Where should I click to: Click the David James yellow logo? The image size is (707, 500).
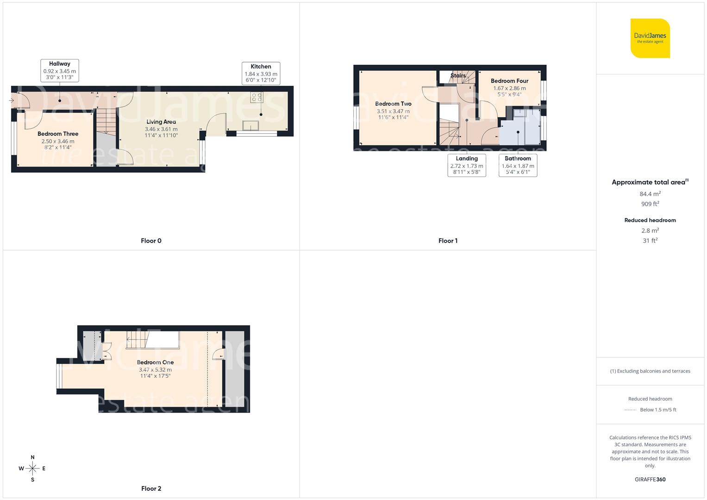[650, 38]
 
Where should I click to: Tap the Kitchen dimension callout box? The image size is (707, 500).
[261, 73]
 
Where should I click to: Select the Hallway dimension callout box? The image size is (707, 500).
[60, 71]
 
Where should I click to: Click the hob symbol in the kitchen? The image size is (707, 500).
[256, 97]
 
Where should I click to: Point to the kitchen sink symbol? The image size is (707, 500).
[250, 125]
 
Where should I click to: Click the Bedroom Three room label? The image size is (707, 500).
[58, 134]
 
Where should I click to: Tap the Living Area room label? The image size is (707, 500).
[161, 122]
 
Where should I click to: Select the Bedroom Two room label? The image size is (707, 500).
[393, 104]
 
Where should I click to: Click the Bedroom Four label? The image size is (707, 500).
[509, 81]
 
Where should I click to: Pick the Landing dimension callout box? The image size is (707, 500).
[467, 165]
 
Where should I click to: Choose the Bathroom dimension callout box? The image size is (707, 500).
[518, 165]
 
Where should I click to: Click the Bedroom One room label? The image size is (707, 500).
[155, 362]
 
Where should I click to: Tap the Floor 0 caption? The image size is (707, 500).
[151, 241]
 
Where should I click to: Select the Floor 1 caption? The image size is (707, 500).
[448, 241]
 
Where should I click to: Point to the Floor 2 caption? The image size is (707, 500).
[151, 488]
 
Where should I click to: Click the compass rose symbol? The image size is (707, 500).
[32, 469]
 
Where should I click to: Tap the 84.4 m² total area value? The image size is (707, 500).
[650, 194]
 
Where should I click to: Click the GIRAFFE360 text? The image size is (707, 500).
[650, 479]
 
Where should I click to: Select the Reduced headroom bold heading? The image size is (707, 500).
[650, 220]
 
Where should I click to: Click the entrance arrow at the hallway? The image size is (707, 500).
[11, 100]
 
